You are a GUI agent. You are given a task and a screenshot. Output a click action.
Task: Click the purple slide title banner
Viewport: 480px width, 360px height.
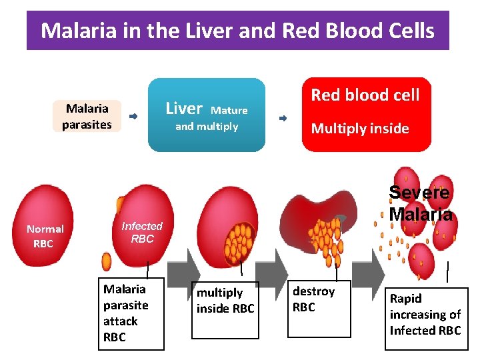[237, 31]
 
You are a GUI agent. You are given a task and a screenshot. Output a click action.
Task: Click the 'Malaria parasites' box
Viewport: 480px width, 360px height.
[87, 116]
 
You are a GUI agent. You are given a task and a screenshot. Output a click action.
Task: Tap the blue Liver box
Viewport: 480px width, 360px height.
[206, 115]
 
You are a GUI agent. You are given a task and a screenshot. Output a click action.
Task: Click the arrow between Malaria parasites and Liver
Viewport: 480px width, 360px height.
[133, 117]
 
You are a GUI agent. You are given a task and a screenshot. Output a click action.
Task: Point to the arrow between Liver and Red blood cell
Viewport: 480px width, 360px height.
[283, 118]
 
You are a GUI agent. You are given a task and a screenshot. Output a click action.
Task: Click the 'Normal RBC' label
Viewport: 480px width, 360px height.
[44, 236]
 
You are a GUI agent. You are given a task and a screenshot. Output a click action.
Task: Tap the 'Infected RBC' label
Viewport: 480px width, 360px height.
[142, 233]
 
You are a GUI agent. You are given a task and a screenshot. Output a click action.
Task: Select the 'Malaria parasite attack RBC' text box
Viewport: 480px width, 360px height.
[131, 313]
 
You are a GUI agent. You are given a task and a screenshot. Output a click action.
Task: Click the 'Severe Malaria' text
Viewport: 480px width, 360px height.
[420, 203]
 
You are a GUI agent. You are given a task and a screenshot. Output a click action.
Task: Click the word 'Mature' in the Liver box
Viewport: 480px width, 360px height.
[229, 111]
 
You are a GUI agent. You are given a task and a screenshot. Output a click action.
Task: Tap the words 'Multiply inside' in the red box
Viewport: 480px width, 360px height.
[360, 129]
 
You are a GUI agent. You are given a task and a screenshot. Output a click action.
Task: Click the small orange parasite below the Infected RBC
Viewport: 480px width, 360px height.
[107, 261]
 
